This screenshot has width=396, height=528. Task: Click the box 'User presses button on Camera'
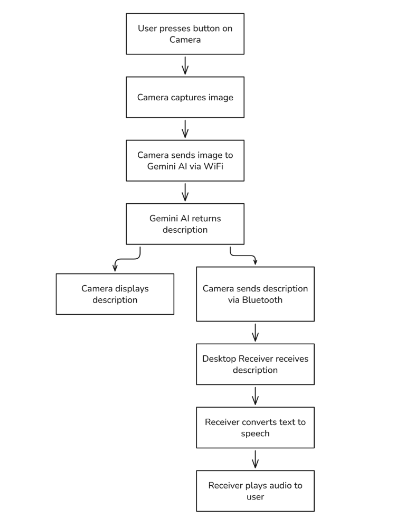point(185,34)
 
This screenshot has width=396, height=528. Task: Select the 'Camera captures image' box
point(185,97)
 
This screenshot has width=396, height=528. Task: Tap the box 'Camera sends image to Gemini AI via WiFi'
point(185,161)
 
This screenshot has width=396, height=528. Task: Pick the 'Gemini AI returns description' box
point(185,224)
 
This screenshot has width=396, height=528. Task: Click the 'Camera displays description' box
point(115,294)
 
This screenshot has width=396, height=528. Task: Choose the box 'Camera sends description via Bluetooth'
point(255,294)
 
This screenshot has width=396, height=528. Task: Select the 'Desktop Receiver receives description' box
point(255,364)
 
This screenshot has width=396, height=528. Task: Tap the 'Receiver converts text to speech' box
point(255,428)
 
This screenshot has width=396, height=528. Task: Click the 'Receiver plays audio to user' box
point(255,491)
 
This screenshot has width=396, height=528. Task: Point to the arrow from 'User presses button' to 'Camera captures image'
point(185,65)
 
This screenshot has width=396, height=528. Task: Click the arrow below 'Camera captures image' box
point(185,129)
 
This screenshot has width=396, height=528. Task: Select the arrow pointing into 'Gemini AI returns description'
point(185,192)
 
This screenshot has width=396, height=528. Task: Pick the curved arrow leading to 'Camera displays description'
point(127,259)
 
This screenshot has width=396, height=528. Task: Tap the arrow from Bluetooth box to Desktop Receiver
point(255,333)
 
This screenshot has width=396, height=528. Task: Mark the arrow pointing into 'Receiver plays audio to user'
point(255,459)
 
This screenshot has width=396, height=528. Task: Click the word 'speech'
point(255,433)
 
